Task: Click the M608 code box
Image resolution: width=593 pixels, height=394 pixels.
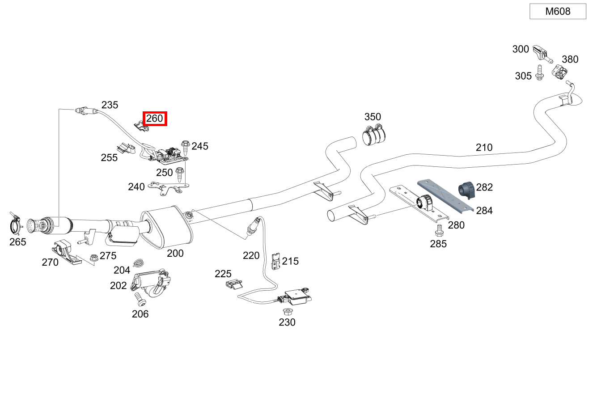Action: coord(558,12)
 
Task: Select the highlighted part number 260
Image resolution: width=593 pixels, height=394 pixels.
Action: coord(155,119)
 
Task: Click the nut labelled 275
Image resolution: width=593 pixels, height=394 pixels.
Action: coord(94,258)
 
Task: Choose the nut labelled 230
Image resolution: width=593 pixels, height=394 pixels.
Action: coord(287,311)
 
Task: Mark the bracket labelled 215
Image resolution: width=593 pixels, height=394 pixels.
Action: coord(276,261)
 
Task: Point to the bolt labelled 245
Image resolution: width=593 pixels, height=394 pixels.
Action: coord(185,145)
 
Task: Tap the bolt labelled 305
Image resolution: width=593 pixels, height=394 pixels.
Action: coord(539,73)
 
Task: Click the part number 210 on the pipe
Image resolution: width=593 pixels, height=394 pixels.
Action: coord(484,148)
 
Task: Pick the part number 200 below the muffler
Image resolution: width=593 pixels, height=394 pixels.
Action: coord(175,254)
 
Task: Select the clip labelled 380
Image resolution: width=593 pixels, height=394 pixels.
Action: coord(559,72)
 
